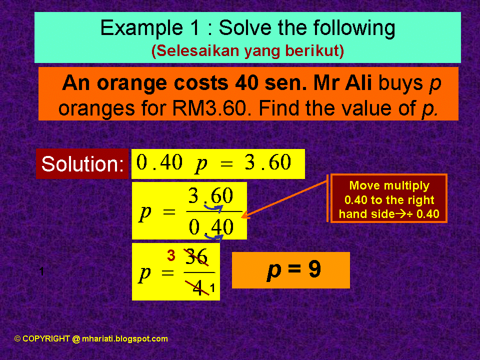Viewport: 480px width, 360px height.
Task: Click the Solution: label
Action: coord(83,164)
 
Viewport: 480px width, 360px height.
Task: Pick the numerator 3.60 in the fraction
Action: coord(210,196)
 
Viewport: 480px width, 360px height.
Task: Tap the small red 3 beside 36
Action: coord(171,256)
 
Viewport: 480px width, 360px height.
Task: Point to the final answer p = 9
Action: coord(293,270)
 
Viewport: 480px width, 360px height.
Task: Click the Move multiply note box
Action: coord(389,200)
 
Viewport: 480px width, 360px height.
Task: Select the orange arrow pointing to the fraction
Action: coord(285,199)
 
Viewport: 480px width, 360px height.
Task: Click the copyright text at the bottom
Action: coord(91,338)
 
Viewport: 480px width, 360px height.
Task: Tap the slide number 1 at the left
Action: coord(41,271)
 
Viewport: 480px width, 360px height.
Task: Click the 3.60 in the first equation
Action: coord(268,163)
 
